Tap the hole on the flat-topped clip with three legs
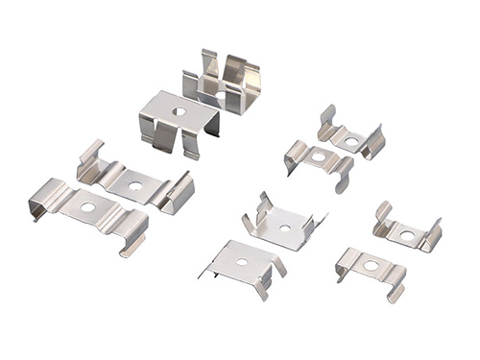click(x=179, y=111)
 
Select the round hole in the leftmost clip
click(x=87, y=206)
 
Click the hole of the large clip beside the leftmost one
click(x=134, y=185)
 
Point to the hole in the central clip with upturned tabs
click(x=284, y=228)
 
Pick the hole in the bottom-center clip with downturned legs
click(x=242, y=261)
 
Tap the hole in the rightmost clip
click(x=407, y=234)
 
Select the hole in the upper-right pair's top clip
click(x=351, y=141)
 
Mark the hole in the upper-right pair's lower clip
click(x=319, y=156)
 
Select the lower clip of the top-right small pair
click(x=319, y=160)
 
